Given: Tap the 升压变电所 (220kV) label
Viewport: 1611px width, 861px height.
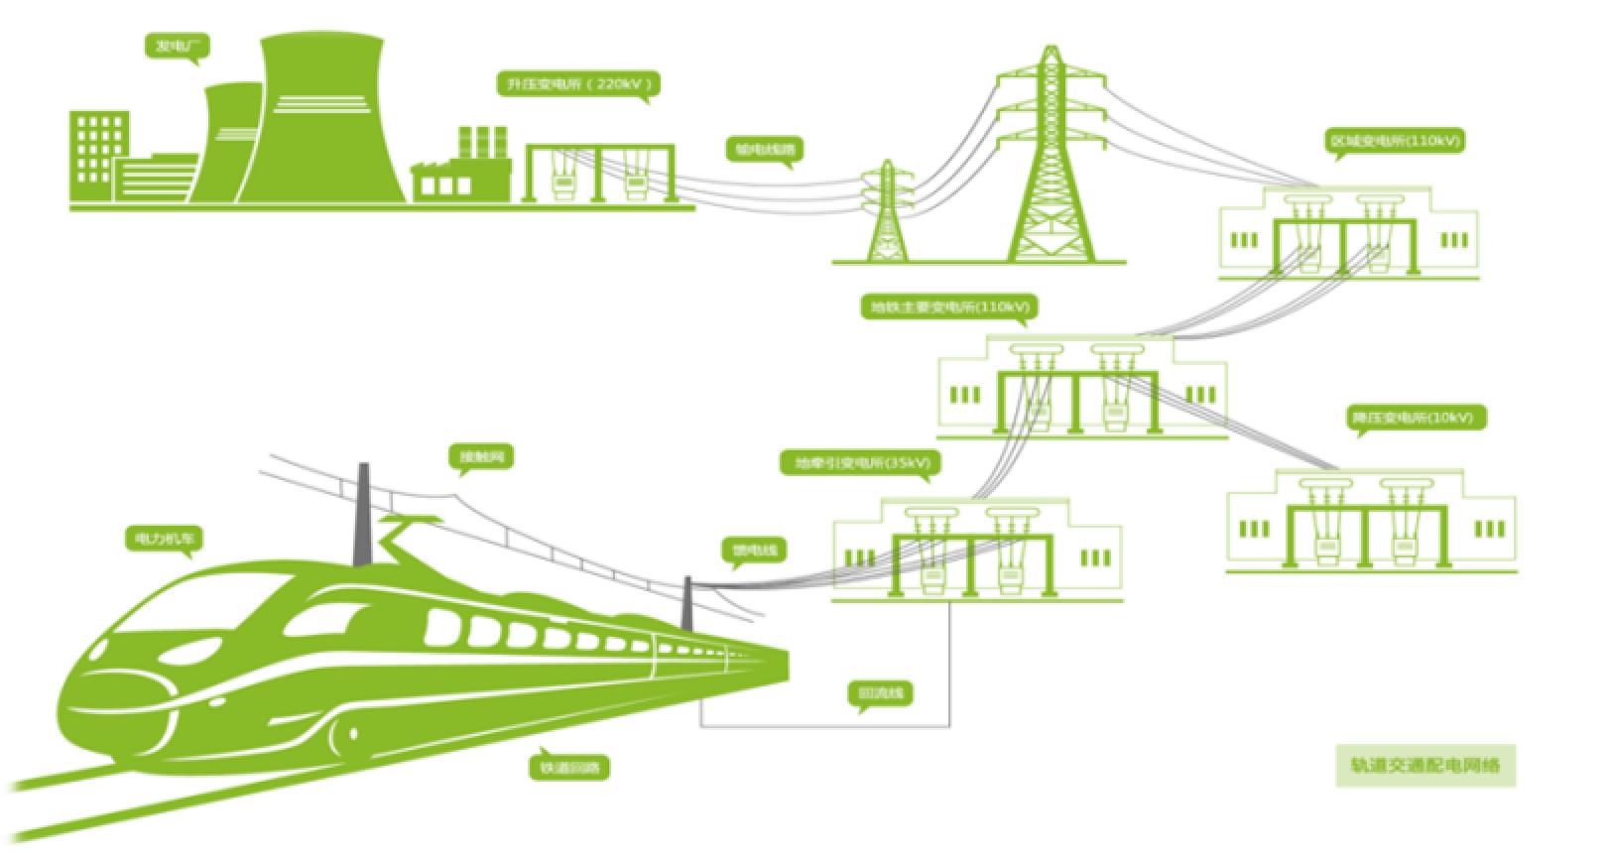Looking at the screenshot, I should [x=579, y=84].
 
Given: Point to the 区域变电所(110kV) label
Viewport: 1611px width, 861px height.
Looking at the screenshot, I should [x=1394, y=141].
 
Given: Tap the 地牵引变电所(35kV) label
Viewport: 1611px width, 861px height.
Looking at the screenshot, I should [x=860, y=462].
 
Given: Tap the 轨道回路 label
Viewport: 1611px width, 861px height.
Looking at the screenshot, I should [x=568, y=766].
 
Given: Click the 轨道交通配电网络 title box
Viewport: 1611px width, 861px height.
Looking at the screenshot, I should [x=1425, y=765].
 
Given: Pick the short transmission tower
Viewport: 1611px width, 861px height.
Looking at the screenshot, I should [x=886, y=213].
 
